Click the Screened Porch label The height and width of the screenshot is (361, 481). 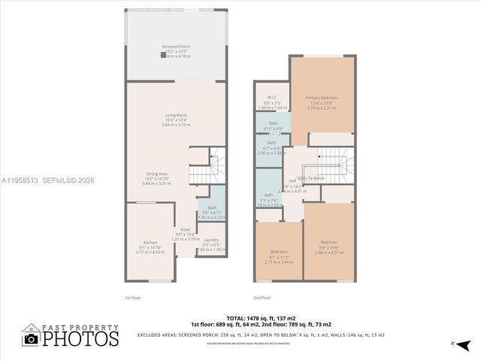click(176, 47)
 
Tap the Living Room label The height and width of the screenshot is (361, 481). click(176, 115)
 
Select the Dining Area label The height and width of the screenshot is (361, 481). click(157, 174)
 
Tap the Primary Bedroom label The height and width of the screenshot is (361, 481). click(322, 98)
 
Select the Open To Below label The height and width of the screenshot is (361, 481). click(311, 178)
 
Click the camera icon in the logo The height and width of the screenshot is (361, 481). click(31, 339)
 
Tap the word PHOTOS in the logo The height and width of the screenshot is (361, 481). click(80, 339)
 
